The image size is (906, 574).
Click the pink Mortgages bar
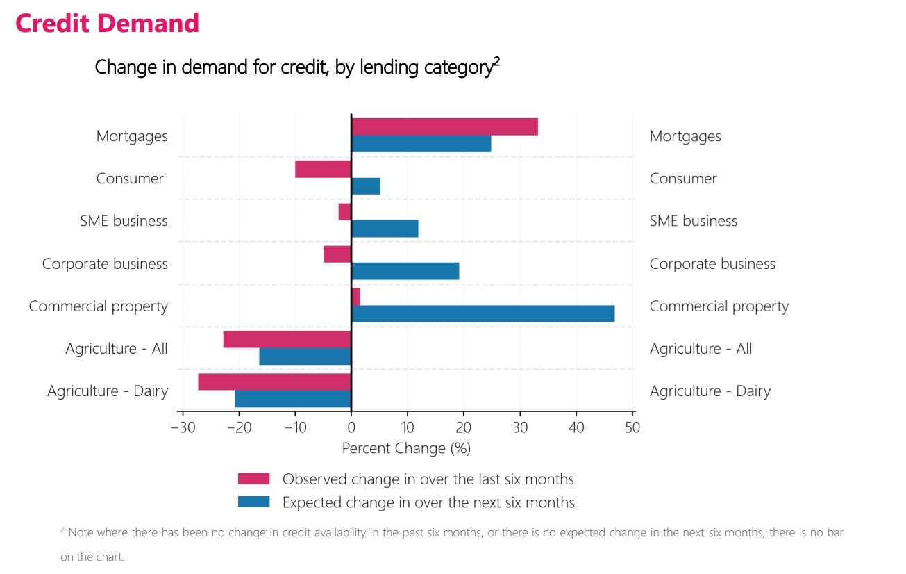coord(444,127)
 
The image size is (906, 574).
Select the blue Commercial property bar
coord(483,314)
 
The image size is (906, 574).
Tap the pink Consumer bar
coord(323,169)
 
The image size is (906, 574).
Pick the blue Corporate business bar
coord(405,271)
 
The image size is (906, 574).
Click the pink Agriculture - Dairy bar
coord(274,382)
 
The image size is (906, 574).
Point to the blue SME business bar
coord(385,229)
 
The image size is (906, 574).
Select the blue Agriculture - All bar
coord(305,356)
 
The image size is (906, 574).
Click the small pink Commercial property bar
coord(355,297)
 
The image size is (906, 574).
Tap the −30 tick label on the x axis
coord(182,427)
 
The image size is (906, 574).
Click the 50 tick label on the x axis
coord(632,427)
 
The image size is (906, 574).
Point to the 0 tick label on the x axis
coord(351,427)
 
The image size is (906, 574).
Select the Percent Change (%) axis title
coord(406,448)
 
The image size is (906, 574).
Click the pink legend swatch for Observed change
coord(253,479)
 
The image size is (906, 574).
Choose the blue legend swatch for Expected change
coord(253,502)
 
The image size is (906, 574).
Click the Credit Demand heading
coord(107,23)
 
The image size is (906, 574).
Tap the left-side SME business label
coord(124,221)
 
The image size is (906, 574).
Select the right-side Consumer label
coord(683,179)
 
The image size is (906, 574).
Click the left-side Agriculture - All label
coord(117,349)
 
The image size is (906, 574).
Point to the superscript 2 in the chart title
coord(496,61)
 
